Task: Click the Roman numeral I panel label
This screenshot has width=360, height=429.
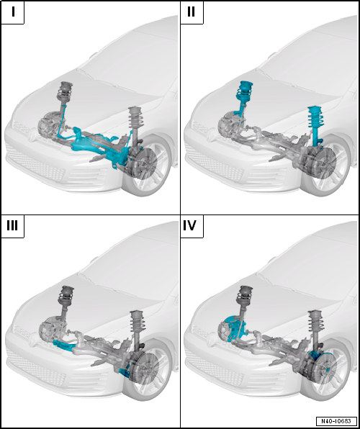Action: (x=13, y=12)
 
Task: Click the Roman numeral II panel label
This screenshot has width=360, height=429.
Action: (x=191, y=12)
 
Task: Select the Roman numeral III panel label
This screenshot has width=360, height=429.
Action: (x=12, y=226)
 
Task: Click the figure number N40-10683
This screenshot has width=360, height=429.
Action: (x=336, y=420)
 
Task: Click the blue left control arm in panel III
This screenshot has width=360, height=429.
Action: (x=63, y=346)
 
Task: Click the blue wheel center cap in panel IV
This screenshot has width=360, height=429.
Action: (x=327, y=369)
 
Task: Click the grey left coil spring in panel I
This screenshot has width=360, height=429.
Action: (x=63, y=94)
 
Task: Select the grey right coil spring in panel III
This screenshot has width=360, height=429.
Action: (x=136, y=325)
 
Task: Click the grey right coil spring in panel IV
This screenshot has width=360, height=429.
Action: (x=315, y=325)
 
